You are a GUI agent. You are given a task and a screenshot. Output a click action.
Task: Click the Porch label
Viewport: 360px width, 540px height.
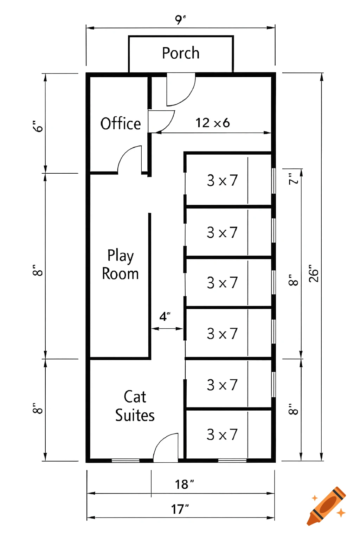tap(181, 53)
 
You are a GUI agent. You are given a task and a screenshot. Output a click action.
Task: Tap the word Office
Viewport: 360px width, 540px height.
tap(121, 124)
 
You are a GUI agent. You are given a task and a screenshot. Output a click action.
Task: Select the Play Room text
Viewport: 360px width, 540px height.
tap(120, 265)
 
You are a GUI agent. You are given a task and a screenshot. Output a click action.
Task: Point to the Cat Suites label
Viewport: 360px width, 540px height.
tap(135, 406)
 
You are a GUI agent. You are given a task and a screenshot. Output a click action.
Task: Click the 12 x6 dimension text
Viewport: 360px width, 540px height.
tap(213, 123)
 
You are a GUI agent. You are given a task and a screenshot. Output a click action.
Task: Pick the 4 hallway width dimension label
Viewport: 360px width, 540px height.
tap(164, 316)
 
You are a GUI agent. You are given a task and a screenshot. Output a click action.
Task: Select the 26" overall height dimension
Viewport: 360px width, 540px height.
tap(313, 274)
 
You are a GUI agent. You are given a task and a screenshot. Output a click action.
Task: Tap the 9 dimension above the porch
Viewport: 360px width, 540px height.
tap(180, 19)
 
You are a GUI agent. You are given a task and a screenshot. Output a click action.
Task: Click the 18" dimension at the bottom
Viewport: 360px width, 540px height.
tap(184, 484)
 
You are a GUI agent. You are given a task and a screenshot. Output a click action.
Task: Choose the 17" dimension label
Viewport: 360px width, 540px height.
tap(180, 509)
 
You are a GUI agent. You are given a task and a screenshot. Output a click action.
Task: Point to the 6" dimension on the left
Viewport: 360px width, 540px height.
tap(38, 126)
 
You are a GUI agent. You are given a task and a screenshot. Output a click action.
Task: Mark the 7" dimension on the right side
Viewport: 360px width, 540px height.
tap(293, 179)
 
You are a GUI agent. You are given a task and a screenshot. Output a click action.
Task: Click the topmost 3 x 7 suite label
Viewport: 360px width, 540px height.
tap(222, 180)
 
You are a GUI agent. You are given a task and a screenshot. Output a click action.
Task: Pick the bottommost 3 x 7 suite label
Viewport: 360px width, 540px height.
tap(222, 435)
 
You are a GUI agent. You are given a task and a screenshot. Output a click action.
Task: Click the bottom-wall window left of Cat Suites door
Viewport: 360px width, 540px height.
tap(126, 460)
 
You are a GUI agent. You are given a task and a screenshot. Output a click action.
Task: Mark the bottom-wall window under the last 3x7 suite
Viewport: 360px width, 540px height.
tap(232, 460)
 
